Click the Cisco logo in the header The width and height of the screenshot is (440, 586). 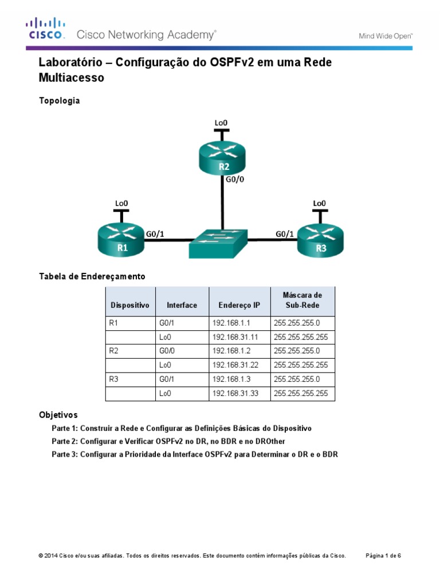pyautogui.click(x=45, y=29)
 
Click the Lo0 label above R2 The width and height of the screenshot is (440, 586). pyautogui.click(x=221, y=122)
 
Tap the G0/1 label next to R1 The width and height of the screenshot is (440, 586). pyautogui.click(x=155, y=233)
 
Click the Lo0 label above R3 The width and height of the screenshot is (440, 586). pyautogui.click(x=319, y=203)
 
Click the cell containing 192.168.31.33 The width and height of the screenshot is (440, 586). pyautogui.click(x=235, y=393)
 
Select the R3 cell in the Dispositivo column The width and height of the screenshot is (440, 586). pyautogui.click(x=113, y=379)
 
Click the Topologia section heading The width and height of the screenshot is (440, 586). pyautogui.click(x=59, y=101)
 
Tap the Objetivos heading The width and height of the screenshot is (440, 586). pyautogui.click(x=58, y=414)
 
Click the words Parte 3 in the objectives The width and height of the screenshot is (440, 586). pyautogui.click(x=64, y=455)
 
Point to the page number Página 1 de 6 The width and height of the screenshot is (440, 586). pyautogui.click(x=383, y=556)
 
